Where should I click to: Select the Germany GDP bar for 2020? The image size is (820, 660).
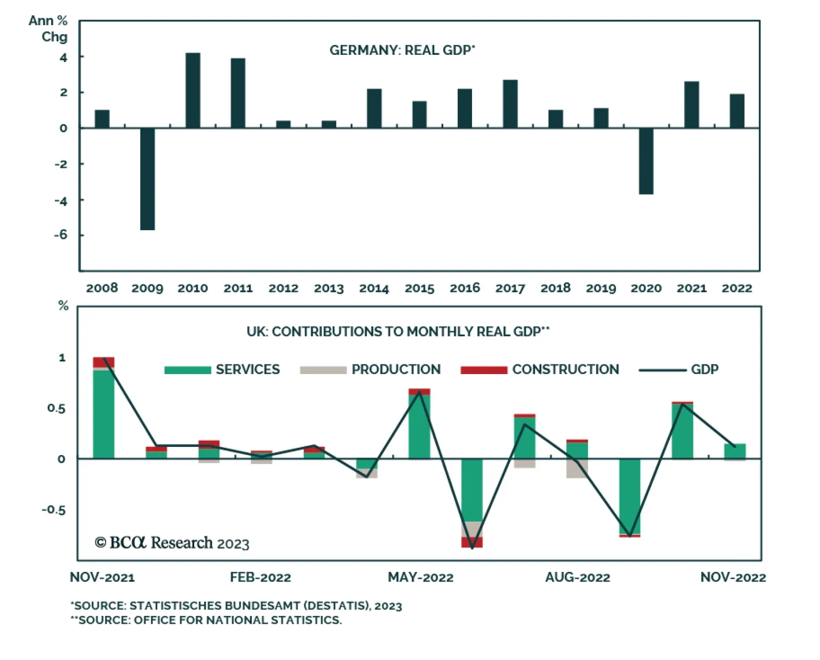coord(646,161)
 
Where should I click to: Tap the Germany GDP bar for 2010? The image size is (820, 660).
coord(193,90)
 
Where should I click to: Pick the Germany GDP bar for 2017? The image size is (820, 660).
coord(510,104)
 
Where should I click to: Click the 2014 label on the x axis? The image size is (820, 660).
coord(374,288)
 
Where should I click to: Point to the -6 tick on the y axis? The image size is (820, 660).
coord(61,235)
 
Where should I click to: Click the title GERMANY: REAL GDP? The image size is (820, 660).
coord(402,50)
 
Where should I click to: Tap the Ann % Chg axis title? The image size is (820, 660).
coord(49,29)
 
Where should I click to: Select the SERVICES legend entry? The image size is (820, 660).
coord(222,369)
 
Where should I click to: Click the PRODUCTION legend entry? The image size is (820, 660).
coord(370,369)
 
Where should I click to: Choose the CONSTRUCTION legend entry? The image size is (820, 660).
coord(540,369)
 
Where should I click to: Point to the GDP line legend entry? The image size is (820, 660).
coord(679,369)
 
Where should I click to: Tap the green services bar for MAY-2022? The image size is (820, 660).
coord(419,426)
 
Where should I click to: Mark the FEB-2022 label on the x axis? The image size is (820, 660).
coord(260,577)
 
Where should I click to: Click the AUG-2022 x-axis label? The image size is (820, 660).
coord(578,577)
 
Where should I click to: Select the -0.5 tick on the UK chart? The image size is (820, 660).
coord(54,510)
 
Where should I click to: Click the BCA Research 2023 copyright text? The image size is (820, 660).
coord(172,543)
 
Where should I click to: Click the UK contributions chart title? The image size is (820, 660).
coord(398,332)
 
